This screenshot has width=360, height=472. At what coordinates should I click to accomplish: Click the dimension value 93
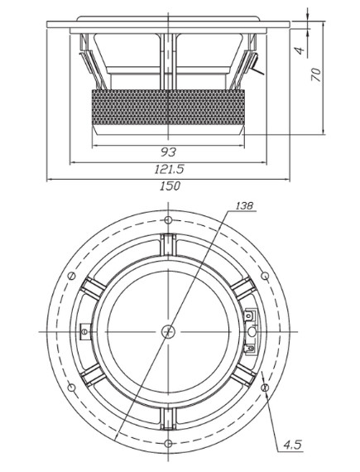tap(168, 152)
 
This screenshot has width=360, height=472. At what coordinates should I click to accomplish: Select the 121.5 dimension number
tap(169, 169)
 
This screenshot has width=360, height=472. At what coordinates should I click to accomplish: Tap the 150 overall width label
tap(170, 186)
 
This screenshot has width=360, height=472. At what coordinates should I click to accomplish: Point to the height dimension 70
tap(316, 75)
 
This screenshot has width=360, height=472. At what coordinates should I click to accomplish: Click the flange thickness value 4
tap(300, 51)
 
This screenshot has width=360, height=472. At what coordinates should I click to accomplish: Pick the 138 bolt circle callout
tap(244, 206)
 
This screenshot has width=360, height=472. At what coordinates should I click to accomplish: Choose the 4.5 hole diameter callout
tap(292, 445)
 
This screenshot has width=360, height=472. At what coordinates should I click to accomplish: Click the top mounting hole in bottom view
tap(168, 220)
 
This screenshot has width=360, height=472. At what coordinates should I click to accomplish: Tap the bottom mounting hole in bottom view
tap(168, 443)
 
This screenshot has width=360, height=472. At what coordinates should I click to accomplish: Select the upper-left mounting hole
tap(71, 276)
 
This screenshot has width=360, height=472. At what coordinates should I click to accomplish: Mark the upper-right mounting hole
tap(265, 276)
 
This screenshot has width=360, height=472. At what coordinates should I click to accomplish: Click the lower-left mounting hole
tap(71, 388)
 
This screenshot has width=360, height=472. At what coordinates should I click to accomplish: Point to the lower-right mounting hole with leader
tap(265, 388)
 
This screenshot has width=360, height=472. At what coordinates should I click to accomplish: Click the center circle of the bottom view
tap(168, 331)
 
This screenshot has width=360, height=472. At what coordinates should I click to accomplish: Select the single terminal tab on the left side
tap(84, 331)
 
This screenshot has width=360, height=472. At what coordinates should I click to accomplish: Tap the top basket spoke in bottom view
tap(168, 244)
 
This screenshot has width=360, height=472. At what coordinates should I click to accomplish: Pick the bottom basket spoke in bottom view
tap(168, 419)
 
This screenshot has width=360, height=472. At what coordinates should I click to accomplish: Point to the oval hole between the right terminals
tap(252, 331)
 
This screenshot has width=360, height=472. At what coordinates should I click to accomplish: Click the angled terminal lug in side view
tap(257, 64)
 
